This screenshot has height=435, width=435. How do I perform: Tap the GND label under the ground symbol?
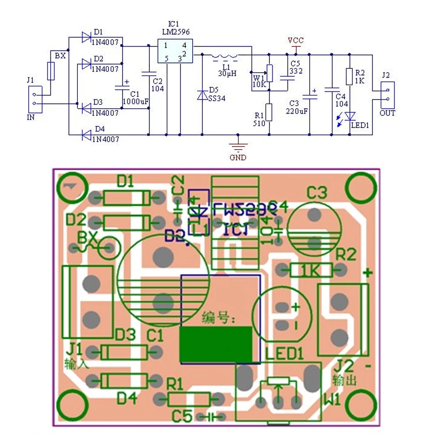pyautogui.click(x=238, y=157)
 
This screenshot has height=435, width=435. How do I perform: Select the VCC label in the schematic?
pyautogui.click(x=296, y=40)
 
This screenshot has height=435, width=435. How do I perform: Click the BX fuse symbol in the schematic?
pyautogui.click(x=51, y=70)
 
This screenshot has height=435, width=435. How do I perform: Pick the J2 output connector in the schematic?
pyautogui.click(x=387, y=95)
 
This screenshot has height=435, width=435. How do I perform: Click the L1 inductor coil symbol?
pyautogui.click(x=225, y=56)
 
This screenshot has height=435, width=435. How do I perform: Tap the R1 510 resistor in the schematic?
pyautogui.click(x=269, y=112)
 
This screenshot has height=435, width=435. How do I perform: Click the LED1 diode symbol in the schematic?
pyautogui.click(x=350, y=116)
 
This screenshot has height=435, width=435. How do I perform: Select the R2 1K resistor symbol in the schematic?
pyautogui.click(x=349, y=76)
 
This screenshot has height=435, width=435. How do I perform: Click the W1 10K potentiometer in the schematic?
pyautogui.click(x=269, y=73)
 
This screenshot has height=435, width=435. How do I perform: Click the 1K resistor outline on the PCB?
pyautogui.click(x=311, y=271)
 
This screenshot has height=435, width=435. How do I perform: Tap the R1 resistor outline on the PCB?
pyautogui.click(x=189, y=398)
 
